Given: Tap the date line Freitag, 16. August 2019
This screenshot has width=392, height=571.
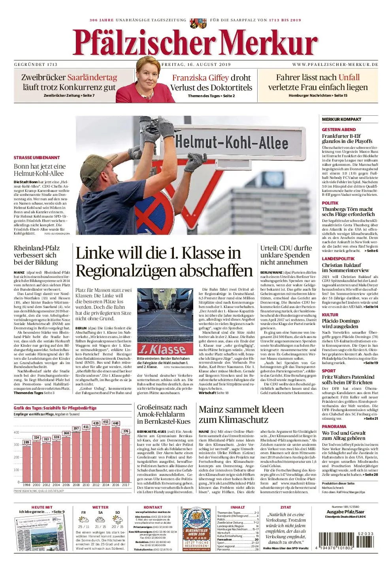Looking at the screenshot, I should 196,64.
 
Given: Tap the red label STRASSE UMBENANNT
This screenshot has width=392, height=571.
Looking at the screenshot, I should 37,158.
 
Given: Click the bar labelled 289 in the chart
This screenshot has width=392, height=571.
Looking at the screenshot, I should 26,462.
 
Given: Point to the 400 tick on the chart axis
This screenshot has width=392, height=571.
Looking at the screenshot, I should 17,432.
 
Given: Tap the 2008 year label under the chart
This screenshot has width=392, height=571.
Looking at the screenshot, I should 76,485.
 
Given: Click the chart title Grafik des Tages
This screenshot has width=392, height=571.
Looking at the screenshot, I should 55,408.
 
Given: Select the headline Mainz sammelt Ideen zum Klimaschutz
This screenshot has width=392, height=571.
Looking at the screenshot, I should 241,414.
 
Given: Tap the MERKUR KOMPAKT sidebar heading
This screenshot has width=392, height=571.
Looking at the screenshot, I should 341,119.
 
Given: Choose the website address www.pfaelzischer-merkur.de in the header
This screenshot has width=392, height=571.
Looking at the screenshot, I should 335,64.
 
